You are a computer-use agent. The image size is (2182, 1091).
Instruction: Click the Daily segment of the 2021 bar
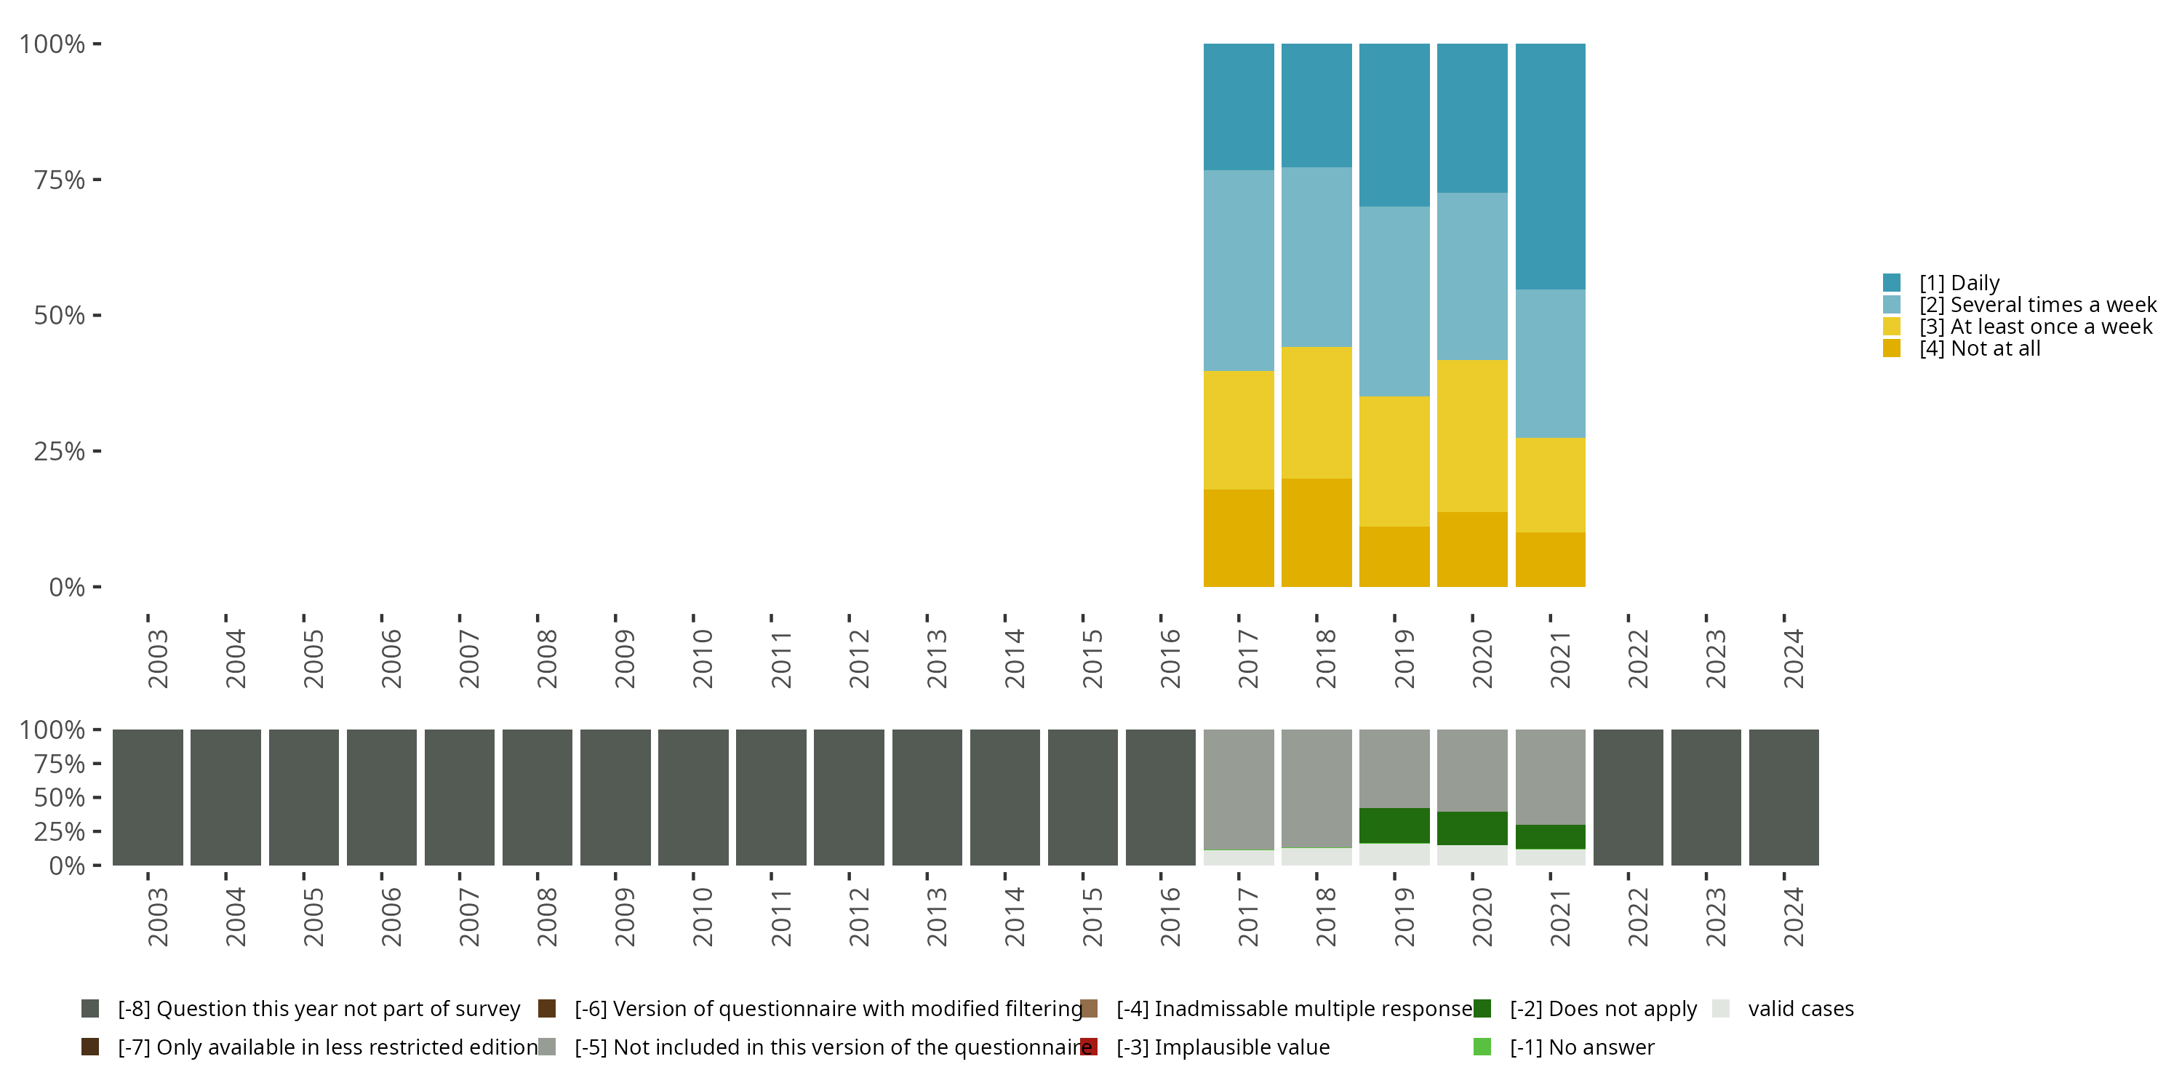pyautogui.click(x=1550, y=166)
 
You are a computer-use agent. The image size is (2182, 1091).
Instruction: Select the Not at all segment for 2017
pyautogui.click(x=1239, y=538)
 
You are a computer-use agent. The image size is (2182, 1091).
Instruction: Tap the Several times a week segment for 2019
pyautogui.click(x=1394, y=302)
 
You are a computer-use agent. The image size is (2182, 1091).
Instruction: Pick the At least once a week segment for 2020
pyautogui.click(x=1472, y=436)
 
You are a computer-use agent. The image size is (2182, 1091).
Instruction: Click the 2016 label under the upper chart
pyautogui.click(x=1170, y=658)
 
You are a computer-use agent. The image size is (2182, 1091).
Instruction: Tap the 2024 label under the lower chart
pyautogui.click(x=1793, y=917)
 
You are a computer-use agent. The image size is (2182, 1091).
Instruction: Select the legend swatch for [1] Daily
pyautogui.click(x=1892, y=283)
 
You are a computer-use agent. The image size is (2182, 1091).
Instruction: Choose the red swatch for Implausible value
pyautogui.click(x=1090, y=1047)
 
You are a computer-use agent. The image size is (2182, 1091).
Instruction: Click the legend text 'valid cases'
pyautogui.click(x=1801, y=1009)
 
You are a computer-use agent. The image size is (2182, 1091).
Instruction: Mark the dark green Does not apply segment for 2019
pyautogui.click(x=1394, y=825)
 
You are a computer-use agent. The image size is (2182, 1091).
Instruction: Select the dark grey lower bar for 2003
pyautogui.click(x=148, y=797)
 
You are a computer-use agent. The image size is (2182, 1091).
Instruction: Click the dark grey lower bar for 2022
pyautogui.click(x=1628, y=797)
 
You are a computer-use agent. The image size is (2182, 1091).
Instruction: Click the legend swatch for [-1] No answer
pyautogui.click(x=1482, y=1047)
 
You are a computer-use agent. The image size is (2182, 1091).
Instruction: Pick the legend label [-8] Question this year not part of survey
pyautogui.click(x=319, y=1009)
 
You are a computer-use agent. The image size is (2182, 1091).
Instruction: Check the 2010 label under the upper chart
pyautogui.click(x=702, y=658)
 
